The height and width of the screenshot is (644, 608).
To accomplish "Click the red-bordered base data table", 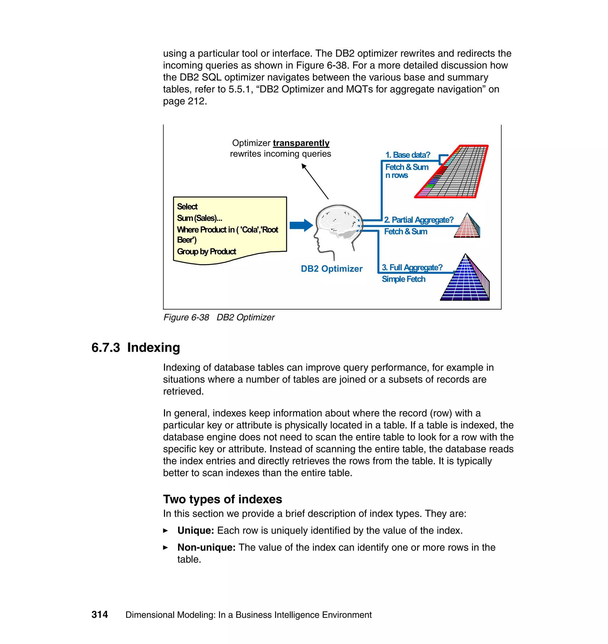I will coord(454,172).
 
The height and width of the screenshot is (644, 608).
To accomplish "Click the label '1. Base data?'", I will coord(407,155).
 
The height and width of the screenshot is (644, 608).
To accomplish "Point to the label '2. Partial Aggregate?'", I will coord(418,220).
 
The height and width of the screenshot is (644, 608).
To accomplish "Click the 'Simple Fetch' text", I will coord(403,279).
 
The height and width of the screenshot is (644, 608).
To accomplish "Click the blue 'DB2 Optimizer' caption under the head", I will coord(331,269).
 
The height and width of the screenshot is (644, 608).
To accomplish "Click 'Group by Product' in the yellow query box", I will coord(206,252).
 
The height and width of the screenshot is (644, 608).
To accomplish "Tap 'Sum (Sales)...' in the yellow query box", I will coord(199,218).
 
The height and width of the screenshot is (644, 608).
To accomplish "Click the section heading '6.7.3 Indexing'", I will coord(135,348).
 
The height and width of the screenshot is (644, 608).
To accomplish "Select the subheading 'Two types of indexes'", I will coord(222,499).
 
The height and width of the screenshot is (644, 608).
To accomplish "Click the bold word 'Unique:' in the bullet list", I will coord(195,531).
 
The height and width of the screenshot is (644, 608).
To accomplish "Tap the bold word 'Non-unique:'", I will coord(206,547).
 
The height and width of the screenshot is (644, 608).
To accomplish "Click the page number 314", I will coord(99,615).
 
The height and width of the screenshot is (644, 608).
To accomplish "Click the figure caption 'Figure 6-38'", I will coord(186,318).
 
